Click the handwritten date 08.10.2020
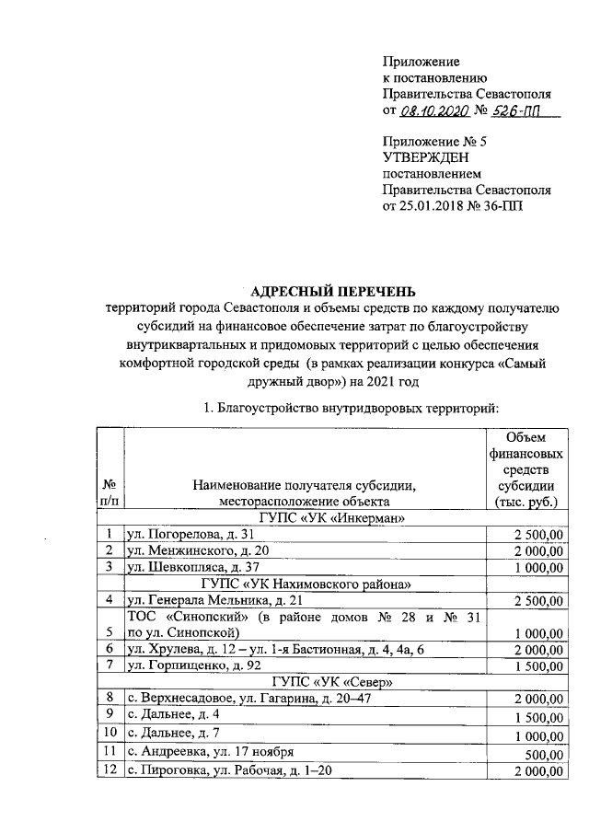(x=434, y=110)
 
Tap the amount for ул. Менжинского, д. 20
(x=533, y=550)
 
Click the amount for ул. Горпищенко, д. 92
(x=533, y=665)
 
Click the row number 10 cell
(x=110, y=732)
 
